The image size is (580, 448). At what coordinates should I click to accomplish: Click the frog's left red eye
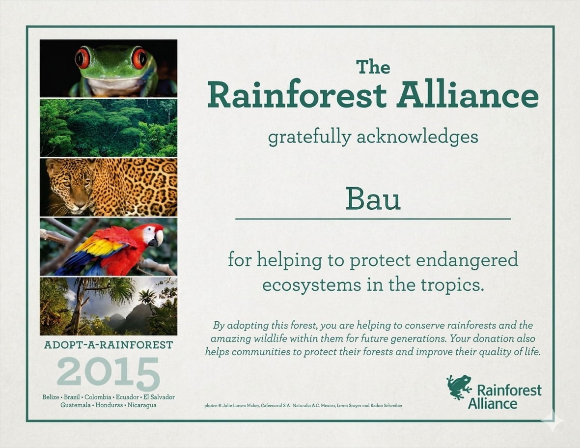point(82,58)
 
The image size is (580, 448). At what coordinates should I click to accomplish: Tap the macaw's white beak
point(159,238)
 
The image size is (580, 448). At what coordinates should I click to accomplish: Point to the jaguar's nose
point(79,204)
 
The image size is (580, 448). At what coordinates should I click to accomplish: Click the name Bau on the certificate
point(373,198)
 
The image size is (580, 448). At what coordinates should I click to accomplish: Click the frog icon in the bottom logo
point(459,387)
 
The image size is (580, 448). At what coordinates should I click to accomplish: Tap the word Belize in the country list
point(51,397)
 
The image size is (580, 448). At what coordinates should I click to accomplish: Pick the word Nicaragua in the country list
point(142,405)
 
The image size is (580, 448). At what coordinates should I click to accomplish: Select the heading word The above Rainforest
point(373,67)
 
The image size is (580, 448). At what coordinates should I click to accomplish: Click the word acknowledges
point(417,137)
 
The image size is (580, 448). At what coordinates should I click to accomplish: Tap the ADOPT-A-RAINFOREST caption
point(109,345)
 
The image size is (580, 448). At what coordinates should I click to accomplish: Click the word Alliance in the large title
point(468,95)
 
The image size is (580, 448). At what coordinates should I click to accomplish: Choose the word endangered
point(467,260)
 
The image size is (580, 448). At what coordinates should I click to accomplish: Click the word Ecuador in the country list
point(127,397)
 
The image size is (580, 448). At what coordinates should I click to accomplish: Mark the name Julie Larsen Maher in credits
point(241,405)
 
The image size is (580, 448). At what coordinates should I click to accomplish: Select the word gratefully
point(309,137)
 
